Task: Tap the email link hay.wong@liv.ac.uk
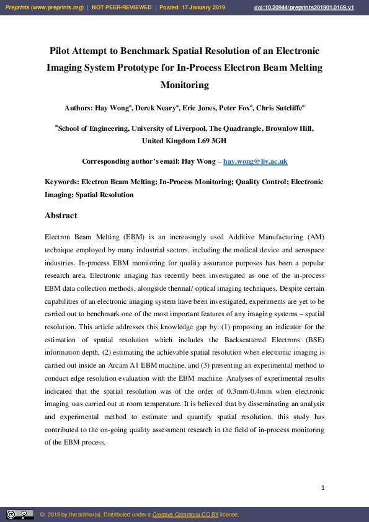[255, 162]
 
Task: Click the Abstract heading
[61, 216]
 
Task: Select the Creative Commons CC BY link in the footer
[185, 515]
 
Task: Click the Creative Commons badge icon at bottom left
[20, 515]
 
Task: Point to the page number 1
[323, 489]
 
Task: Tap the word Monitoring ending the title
[184, 84]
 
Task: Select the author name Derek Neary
[155, 108]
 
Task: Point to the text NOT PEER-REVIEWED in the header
[122, 7]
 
